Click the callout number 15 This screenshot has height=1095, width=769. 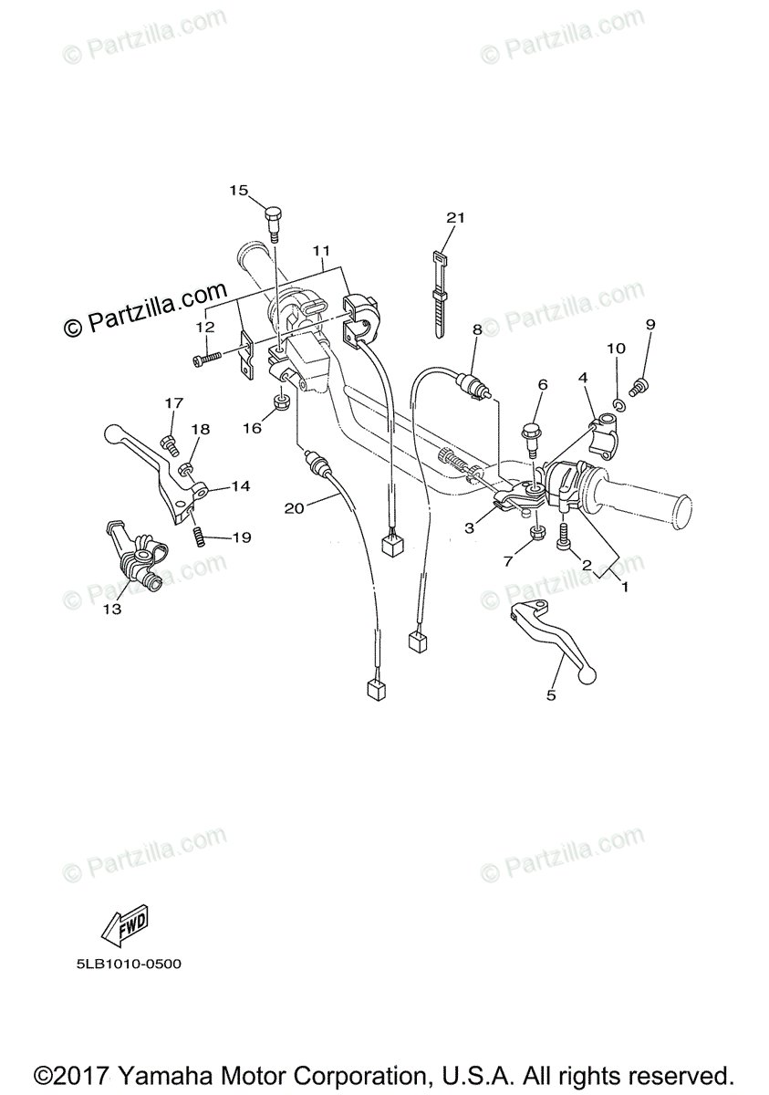click(x=238, y=190)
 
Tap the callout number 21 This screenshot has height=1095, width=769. click(x=455, y=217)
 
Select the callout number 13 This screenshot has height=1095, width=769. click(x=111, y=610)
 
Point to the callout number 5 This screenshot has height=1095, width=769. click(x=551, y=695)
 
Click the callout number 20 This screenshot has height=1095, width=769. click(x=293, y=508)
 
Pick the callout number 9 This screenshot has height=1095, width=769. click(x=650, y=324)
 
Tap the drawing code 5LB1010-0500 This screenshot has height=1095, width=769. click(x=122, y=963)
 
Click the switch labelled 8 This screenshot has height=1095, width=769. click(x=473, y=386)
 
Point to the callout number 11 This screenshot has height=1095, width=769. click(x=320, y=249)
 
